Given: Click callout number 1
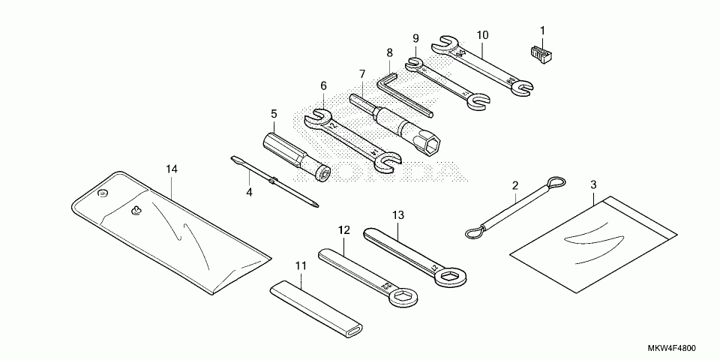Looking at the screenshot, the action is pos(542,31).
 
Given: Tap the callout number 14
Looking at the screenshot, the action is pos(172,169).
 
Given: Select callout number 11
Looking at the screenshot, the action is pos(301,265).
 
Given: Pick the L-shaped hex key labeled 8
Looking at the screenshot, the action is pos(405,93).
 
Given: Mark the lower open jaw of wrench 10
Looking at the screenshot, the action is pos(521,90).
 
